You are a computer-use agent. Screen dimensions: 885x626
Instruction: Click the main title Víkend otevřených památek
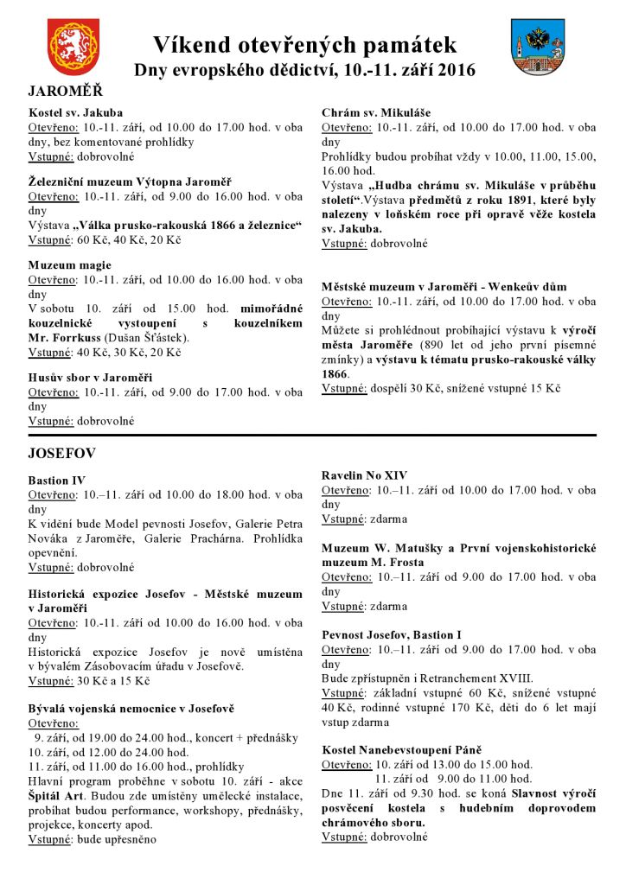(x=304, y=45)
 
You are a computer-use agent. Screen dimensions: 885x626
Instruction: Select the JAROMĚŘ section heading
(x=65, y=90)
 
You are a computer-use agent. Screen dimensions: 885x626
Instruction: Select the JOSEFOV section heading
(x=61, y=453)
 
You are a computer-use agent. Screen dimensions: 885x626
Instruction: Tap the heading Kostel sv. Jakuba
(x=76, y=112)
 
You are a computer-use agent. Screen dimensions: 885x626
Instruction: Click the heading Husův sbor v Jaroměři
(x=91, y=378)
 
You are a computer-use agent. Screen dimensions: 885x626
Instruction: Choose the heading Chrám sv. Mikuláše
(x=376, y=112)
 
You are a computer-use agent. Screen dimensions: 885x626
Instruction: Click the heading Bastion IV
(x=57, y=480)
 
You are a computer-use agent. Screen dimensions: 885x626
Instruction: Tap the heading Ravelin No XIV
(x=364, y=475)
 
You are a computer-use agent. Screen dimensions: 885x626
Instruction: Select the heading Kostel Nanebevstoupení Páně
(x=401, y=748)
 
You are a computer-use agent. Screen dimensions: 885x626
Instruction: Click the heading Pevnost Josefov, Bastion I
(x=392, y=634)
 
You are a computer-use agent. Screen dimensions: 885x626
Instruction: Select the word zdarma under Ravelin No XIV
(x=388, y=519)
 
